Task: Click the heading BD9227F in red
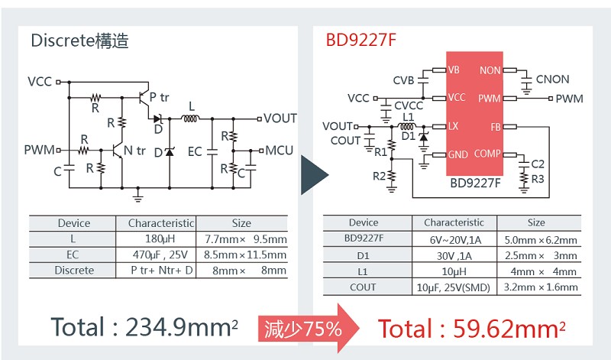click(360, 41)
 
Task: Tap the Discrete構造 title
click(80, 41)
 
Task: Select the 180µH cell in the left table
click(160, 238)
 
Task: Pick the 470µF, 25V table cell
click(160, 255)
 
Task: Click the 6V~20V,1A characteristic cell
click(455, 240)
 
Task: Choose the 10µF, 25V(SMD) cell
click(454, 287)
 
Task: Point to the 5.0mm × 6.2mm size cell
click(541, 240)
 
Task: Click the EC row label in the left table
click(73, 255)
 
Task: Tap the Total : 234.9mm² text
click(144, 327)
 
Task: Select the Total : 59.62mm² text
click(471, 329)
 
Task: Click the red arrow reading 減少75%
click(309, 329)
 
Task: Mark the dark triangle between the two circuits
click(315, 175)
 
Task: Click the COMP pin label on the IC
click(487, 154)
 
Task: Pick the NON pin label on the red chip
click(490, 70)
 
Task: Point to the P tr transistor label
click(159, 98)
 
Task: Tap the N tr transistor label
click(134, 151)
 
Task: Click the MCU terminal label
click(279, 151)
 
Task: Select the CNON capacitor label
click(552, 79)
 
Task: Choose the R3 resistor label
click(538, 179)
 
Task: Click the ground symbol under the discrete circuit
click(137, 195)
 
